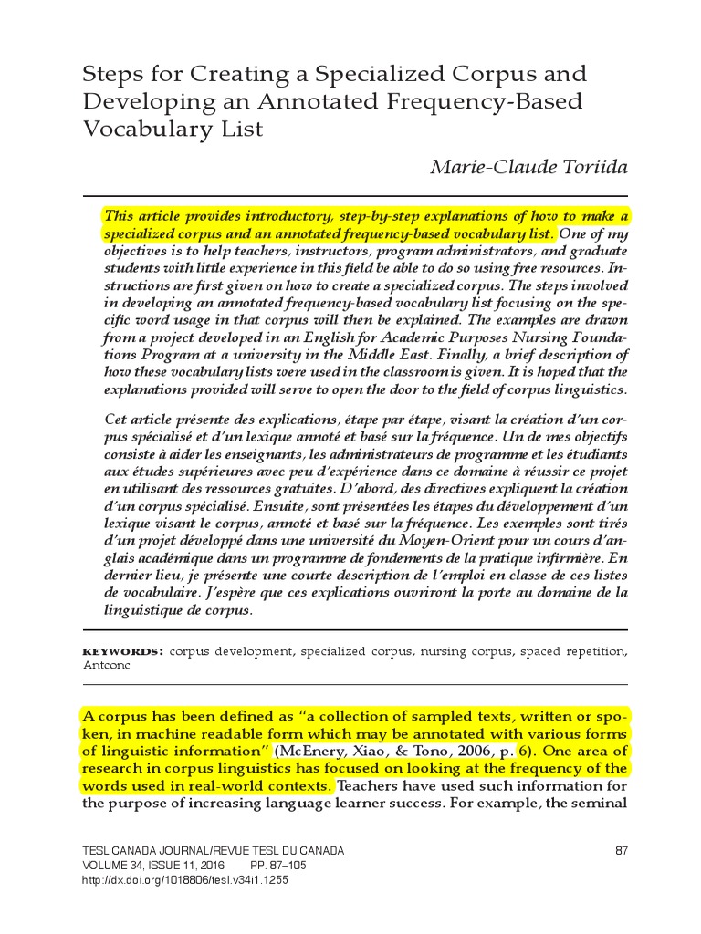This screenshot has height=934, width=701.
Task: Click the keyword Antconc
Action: point(107,666)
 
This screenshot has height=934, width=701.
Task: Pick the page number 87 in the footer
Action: point(623,851)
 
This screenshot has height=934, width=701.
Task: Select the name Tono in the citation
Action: point(430,751)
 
